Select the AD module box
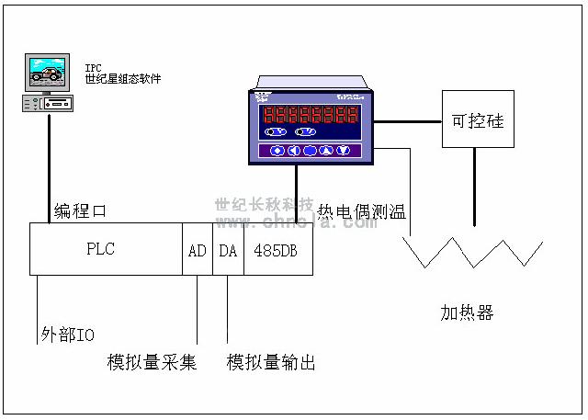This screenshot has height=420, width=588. click(x=198, y=249)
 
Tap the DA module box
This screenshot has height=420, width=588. click(x=228, y=249)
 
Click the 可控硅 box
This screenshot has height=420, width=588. click(x=477, y=120)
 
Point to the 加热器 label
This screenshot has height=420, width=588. click(x=467, y=313)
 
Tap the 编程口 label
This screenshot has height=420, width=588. click(x=81, y=210)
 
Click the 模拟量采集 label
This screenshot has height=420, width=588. click(x=153, y=362)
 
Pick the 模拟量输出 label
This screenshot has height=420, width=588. click(x=271, y=362)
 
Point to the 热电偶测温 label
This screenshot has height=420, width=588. click(x=362, y=211)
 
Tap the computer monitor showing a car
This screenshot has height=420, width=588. click(x=49, y=71)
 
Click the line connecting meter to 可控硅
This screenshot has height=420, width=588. click(x=408, y=120)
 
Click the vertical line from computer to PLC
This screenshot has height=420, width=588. click(x=49, y=165)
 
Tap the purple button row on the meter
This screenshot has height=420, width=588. click(x=310, y=151)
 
